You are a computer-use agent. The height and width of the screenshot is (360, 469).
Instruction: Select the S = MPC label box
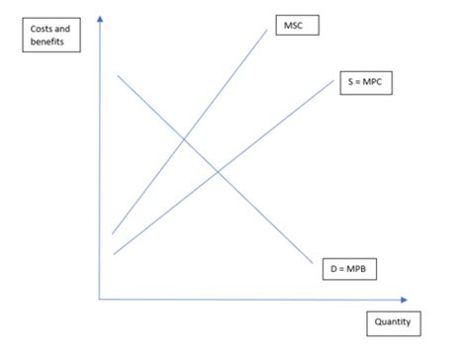click(x=365, y=86)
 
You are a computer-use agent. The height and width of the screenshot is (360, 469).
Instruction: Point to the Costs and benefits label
click(x=50, y=36)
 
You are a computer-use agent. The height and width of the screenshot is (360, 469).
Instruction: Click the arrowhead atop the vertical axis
click(x=99, y=19)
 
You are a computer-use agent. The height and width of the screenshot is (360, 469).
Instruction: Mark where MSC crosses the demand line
click(x=184, y=137)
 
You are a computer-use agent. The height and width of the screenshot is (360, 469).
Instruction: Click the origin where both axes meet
click(x=99, y=298)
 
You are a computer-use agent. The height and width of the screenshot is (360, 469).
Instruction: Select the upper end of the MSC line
click(x=267, y=27)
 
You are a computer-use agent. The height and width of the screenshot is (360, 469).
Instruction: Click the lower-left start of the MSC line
click(x=113, y=233)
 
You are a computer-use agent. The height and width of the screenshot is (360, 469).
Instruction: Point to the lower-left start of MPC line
click(x=114, y=254)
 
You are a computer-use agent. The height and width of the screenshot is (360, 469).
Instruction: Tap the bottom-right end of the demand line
click(x=313, y=263)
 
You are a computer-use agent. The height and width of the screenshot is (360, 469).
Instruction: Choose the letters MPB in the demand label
click(x=359, y=267)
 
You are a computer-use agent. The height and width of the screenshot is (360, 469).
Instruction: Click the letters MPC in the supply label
click(x=375, y=86)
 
